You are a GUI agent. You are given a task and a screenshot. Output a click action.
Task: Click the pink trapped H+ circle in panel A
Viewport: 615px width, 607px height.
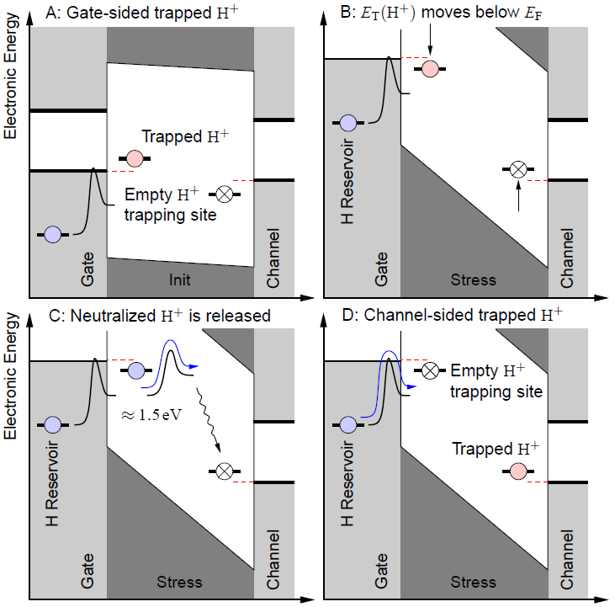[x=134, y=157]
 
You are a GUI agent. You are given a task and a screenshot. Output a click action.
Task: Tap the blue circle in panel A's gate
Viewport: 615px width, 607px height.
[x=53, y=234]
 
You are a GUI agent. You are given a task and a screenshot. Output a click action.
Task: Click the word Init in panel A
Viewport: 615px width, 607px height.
[x=180, y=279]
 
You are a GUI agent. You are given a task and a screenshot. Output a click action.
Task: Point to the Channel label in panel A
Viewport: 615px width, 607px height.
[x=273, y=258]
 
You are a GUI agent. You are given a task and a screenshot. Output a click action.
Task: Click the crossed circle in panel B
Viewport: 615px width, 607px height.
[x=518, y=169]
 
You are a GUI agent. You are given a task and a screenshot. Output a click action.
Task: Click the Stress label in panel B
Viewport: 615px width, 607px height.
[x=474, y=279]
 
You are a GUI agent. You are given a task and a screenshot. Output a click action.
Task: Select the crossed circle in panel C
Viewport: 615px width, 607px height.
[x=224, y=471]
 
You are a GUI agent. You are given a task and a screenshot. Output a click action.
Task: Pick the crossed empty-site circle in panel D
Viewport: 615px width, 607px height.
[x=430, y=370]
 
